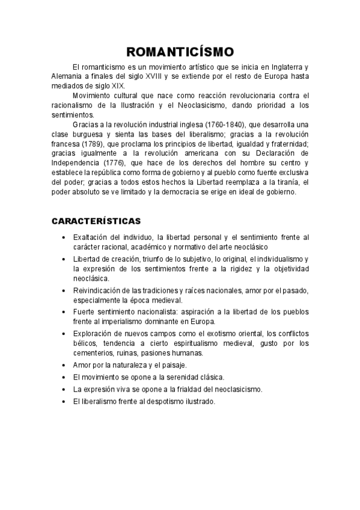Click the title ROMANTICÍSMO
(180, 52)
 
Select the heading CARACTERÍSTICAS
(96, 221)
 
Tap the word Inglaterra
(284, 67)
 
